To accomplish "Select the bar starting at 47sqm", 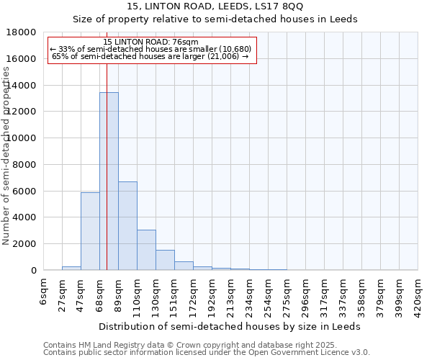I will pos(90,231).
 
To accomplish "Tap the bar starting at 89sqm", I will pos(127,226).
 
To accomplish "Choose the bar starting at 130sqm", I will pos(165,260).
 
